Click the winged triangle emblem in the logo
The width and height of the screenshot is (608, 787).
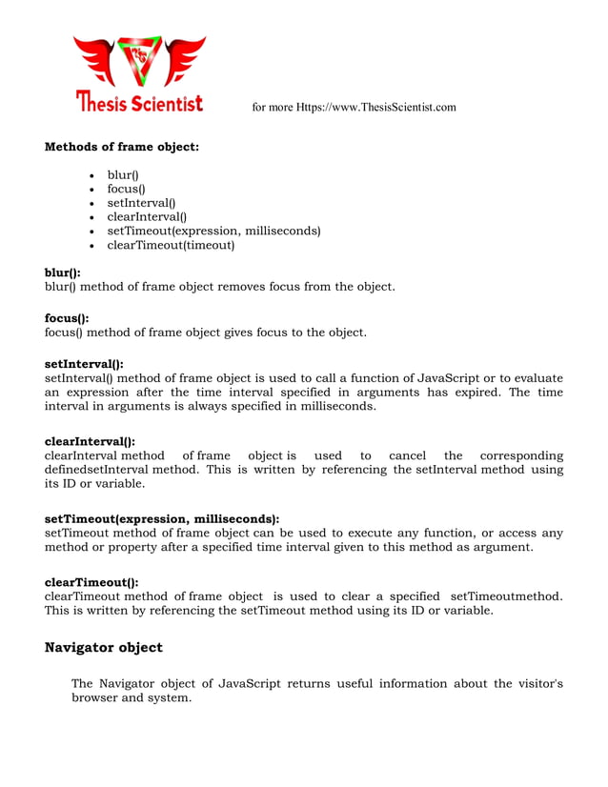140,61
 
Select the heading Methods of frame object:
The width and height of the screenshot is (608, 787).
122,147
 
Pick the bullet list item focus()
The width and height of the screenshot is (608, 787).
126,189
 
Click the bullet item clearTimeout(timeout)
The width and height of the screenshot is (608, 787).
171,245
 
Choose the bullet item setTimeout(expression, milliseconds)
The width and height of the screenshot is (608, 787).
213,231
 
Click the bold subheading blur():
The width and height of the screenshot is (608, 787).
63,272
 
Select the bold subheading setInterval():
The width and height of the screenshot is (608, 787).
84,364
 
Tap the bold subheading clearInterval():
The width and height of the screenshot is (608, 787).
90,441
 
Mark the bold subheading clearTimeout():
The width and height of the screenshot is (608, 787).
91,581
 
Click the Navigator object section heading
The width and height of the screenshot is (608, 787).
104,648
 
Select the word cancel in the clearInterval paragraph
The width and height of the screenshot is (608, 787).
407,455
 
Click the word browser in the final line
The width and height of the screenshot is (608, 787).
96,698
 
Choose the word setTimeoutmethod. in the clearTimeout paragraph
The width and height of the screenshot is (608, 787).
505,595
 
